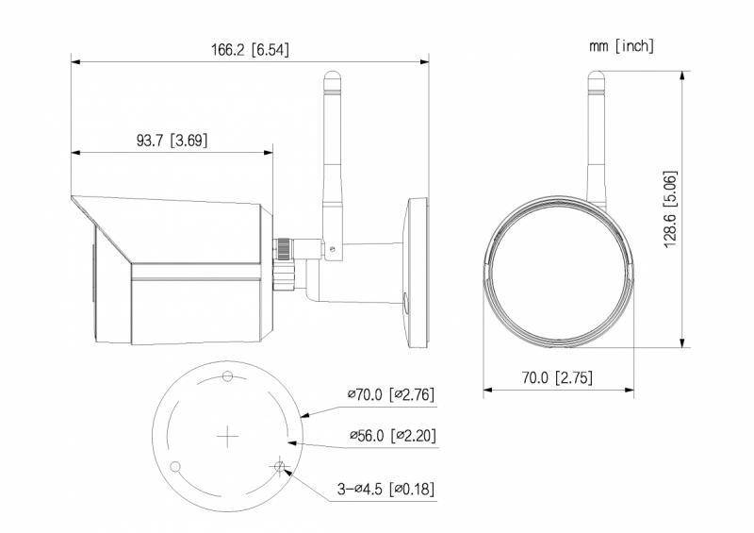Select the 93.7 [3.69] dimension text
(172, 140)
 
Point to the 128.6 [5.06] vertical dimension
(670, 209)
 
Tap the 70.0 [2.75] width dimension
(556, 377)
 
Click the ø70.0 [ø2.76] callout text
(390, 394)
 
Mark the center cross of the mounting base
(227, 435)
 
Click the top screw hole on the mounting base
(227, 376)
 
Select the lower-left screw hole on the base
(175, 466)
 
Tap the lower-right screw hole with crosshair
(279, 466)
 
